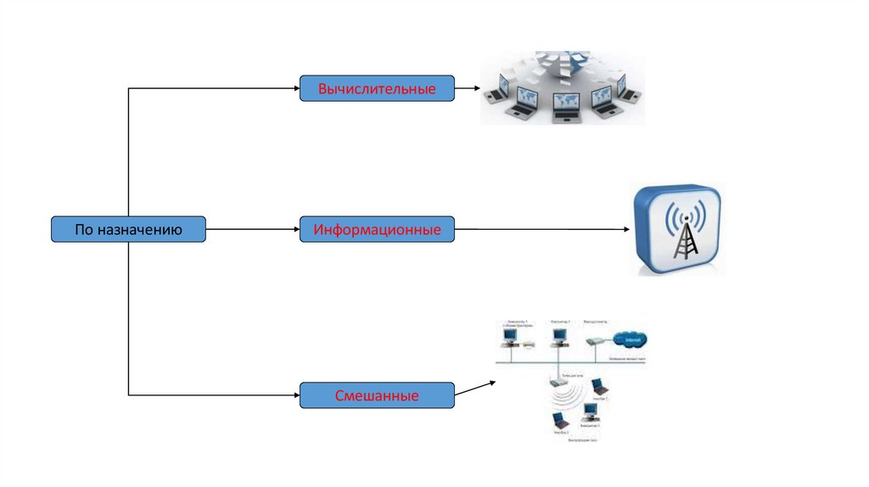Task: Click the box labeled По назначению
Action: (128, 229)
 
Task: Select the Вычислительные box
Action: (377, 88)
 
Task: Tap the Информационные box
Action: (377, 229)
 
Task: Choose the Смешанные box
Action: (377, 395)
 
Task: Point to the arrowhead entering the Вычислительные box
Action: (295, 88)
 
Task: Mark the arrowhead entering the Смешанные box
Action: (295, 395)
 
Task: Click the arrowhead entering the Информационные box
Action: (295, 229)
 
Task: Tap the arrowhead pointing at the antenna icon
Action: (625, 229)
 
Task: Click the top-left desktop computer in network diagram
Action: (509, 338)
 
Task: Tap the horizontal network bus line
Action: (569, 360)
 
